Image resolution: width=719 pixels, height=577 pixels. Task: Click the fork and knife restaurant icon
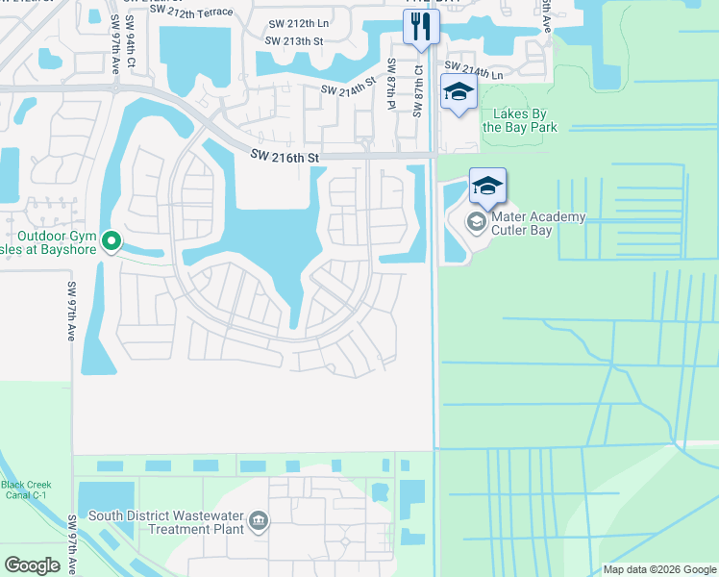coord(420,26)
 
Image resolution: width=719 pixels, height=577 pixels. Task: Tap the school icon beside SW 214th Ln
coord(459,94)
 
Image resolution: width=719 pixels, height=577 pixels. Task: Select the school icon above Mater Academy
coord(487,186)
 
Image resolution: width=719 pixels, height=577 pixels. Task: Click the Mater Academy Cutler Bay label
coord(538,223)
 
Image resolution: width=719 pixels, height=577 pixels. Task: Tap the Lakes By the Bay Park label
coord(519,120)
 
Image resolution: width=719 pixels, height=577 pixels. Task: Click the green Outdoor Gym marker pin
coord(112,240)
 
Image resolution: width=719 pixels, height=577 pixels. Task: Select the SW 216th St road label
coord(284,155)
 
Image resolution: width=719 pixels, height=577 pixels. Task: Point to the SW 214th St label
coord(346,88)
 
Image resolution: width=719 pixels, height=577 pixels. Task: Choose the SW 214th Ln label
coord(473,69)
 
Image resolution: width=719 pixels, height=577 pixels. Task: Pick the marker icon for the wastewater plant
coord(259,521)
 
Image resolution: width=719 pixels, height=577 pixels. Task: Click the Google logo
coord(33,564)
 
